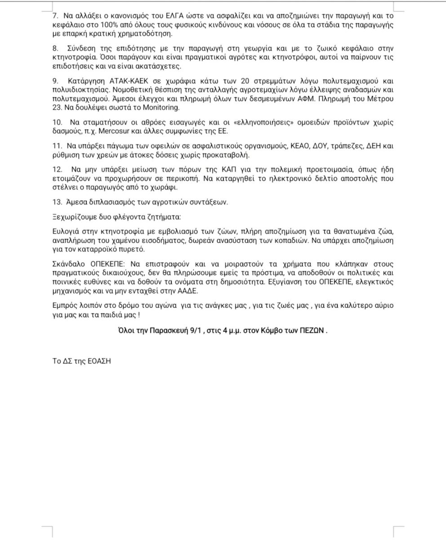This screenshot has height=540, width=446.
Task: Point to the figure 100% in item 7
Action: pyautogui.click(x=92, y=25)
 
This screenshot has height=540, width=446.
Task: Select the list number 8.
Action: pyautogui.click(x=55, y=48)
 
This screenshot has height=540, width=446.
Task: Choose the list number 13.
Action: pyautogui.click(x=56, y=202)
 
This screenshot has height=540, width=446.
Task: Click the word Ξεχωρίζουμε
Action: pyautogui.click(x=72, y=217)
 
